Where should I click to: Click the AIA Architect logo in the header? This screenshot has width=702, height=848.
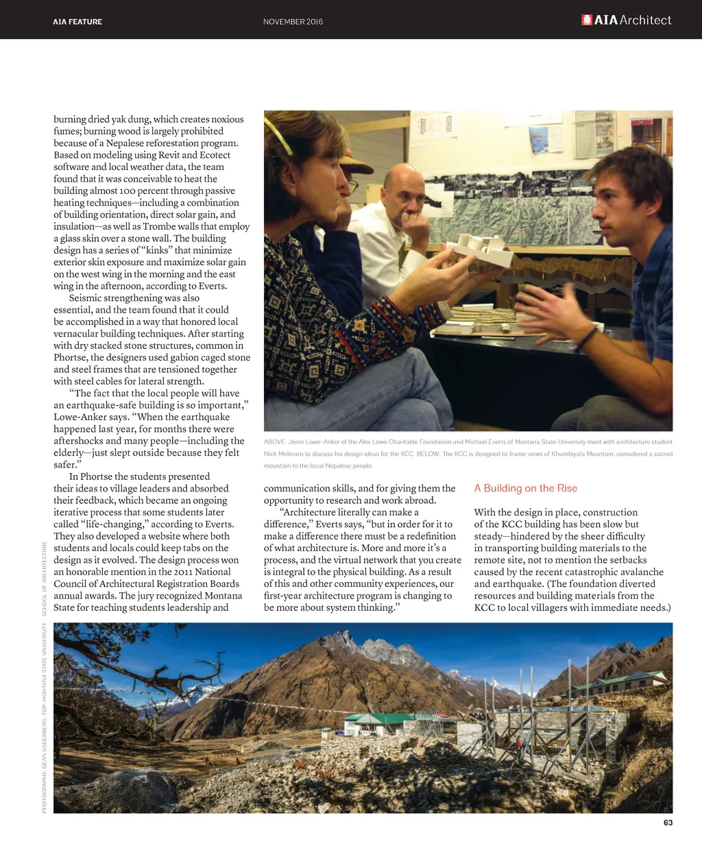[626, 21]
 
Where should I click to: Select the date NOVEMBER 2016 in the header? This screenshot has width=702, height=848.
[293, 22]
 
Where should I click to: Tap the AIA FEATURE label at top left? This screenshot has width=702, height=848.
[77, 22]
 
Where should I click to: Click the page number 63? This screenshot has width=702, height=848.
[668, 823]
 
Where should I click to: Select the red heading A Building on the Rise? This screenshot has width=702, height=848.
[526, 488]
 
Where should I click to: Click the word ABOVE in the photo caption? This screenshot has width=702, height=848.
[275, 442]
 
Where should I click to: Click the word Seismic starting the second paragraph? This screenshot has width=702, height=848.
[85, 298]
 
